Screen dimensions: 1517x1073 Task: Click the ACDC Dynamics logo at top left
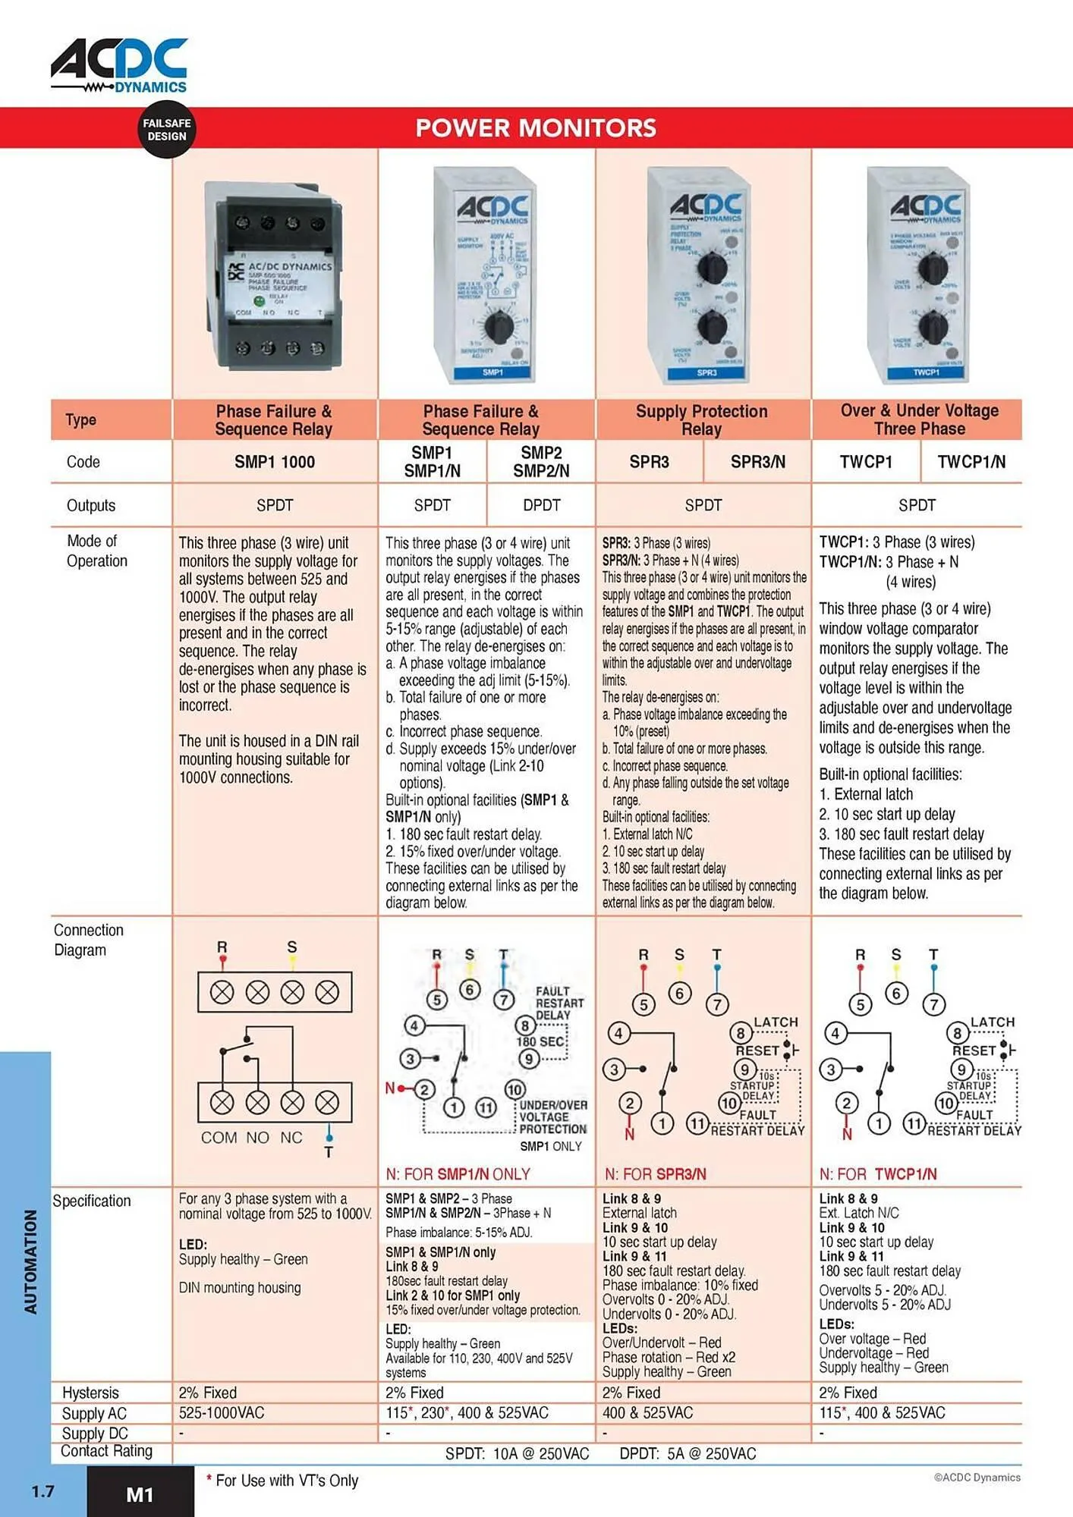click(119, 66)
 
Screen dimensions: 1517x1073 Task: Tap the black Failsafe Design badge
click(166, 130)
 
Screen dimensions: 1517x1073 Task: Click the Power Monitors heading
click(536, 128)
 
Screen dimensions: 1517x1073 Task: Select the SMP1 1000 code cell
click(274, 462)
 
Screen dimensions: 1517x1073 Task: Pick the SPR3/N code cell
click(757, 462)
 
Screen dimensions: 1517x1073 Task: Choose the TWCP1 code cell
click(866, 462)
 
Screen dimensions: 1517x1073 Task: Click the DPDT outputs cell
click(541, 505)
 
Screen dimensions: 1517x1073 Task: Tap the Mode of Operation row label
click(96, 551)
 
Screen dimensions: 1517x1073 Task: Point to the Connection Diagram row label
click(88, 940)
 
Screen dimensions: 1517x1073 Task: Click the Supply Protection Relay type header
click(702, 420)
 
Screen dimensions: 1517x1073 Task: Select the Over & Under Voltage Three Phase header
click(919, 419)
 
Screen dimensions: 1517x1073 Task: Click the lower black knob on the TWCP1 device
click(932, 328)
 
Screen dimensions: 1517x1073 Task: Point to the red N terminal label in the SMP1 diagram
click(390, 1088)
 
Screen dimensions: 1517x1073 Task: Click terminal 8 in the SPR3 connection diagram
click(740, 1033)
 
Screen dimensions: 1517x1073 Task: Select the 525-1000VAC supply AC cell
click(222, 1413)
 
